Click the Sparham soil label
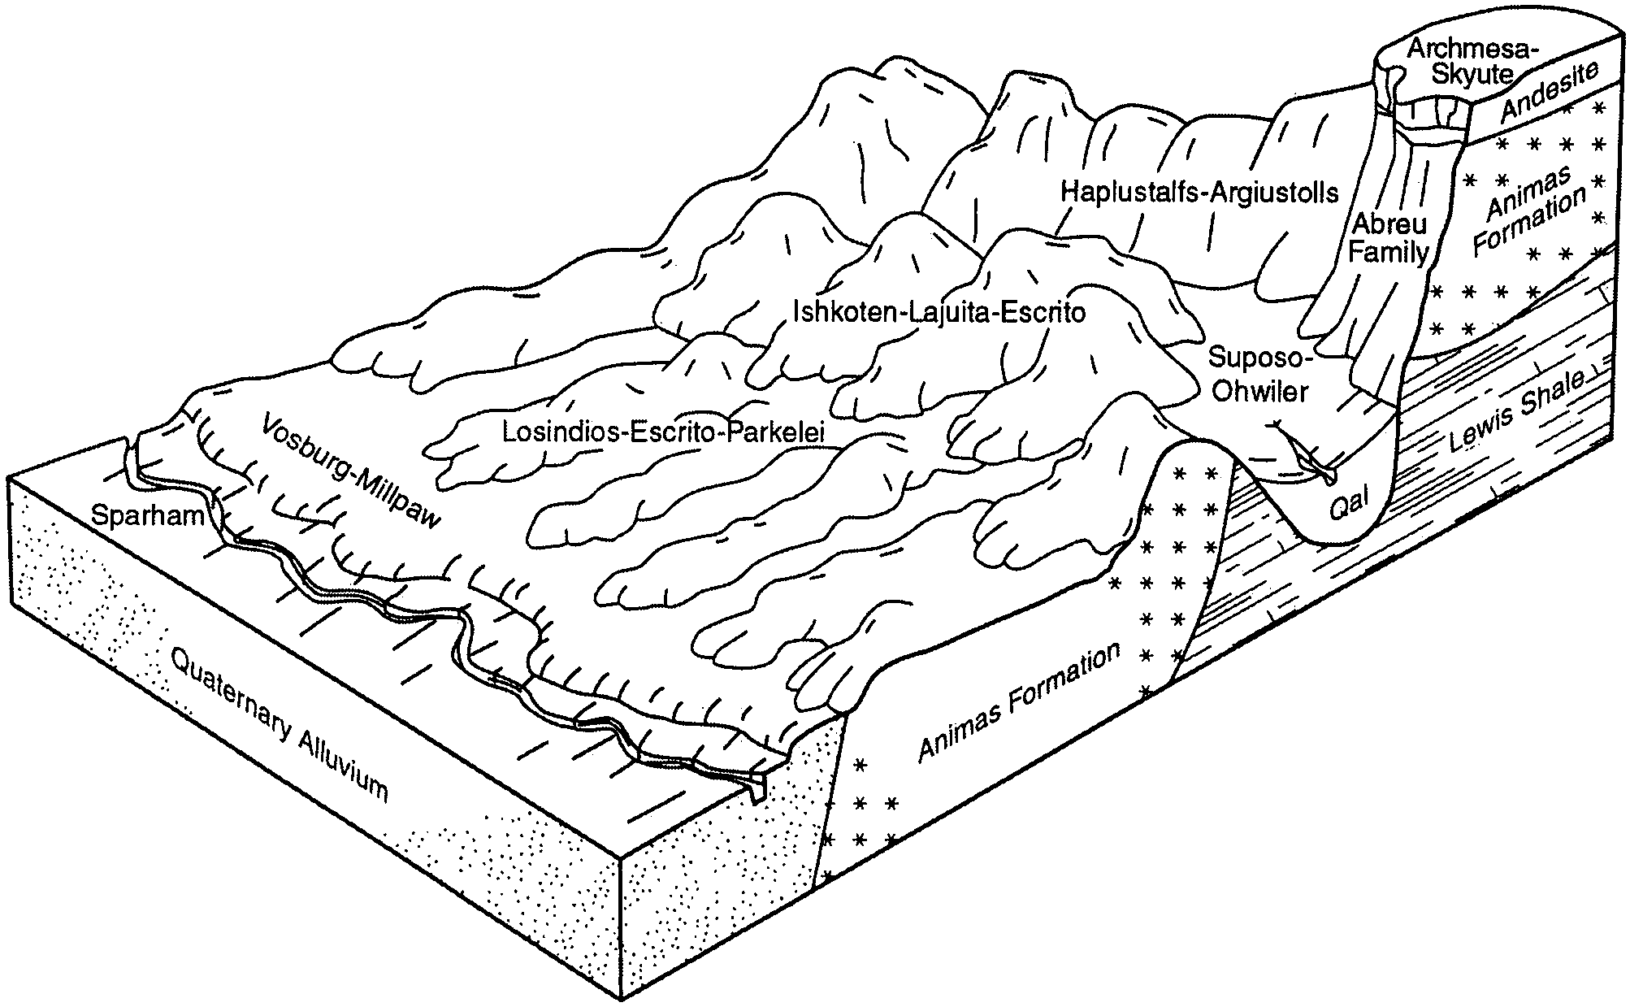[147, 515]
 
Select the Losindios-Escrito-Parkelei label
[663, 432]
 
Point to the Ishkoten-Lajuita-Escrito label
[939, 312]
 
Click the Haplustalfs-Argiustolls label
[1199, 193]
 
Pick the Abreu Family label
[1388, 238]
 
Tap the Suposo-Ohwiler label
[1259, 374]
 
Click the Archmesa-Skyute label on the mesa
[1460, 62]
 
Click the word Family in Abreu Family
[1388, 253]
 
